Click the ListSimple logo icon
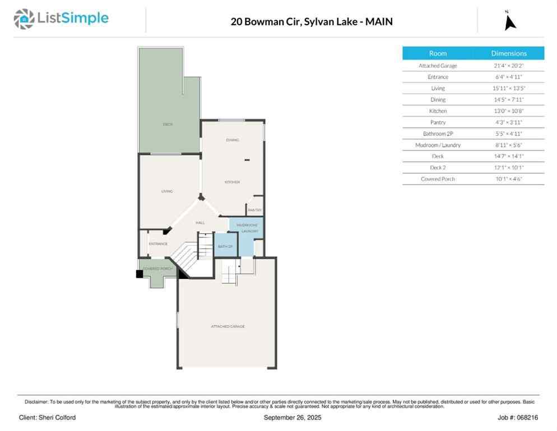pos(24,19)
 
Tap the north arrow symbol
pos(509,21)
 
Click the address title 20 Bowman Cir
pos(312,22)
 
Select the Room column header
pos(438,53)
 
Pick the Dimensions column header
pos(509,53)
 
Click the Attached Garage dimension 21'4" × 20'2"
pos(509,66)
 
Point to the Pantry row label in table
pos(438,122)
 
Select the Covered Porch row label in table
pos(438,179)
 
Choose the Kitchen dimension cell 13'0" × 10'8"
pos(509,111)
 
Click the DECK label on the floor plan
pos(167,124)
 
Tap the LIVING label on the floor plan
pos(167,191)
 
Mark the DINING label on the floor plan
pos(233,140)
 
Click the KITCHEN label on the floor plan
pos(232,182)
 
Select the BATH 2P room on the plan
pos(225,246)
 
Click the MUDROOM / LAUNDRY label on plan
pos(247,228)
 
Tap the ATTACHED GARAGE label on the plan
pos(228,326)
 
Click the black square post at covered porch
pos(140,274)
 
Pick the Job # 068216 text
pos(518,418)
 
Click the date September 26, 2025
pos(291,418)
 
